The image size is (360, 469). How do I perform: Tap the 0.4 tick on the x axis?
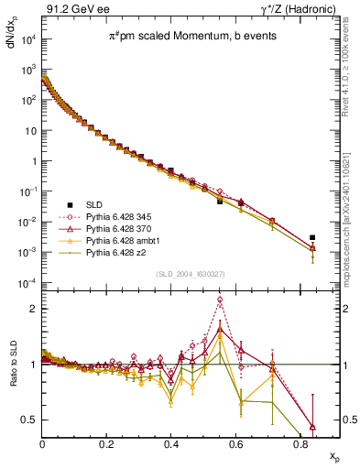(171, 444)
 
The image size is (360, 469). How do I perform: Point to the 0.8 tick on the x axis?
(300, 444)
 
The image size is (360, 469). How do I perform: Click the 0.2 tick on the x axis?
(107, 444)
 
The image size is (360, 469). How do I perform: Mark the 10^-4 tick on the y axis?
(28, 282)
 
